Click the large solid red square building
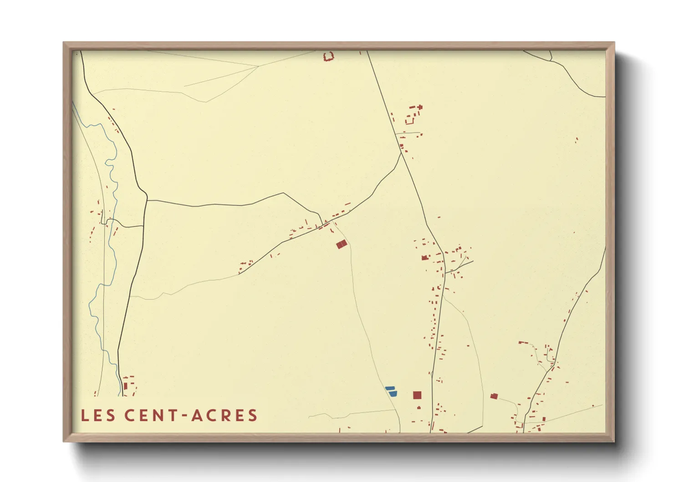point(417,395)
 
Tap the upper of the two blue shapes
point(390,388)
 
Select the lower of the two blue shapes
point(393,393)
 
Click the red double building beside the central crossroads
point(342,245)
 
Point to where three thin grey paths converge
point(258,67)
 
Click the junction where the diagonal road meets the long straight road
point(401,153)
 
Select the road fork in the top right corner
point(551,60)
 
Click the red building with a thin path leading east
point(494,396)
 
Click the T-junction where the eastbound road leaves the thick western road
point(147,200)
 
